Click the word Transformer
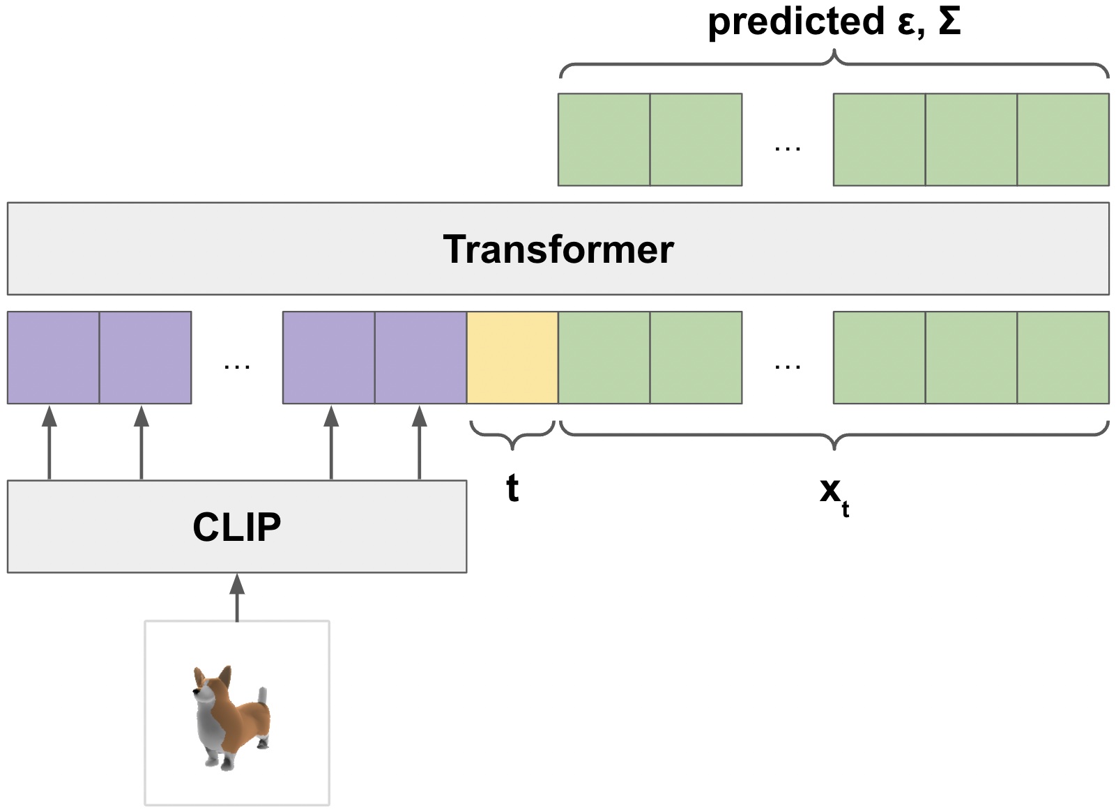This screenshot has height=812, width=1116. (558, 249)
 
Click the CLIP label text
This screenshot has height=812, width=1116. (236, 527)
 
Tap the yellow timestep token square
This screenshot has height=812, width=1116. (512, 358)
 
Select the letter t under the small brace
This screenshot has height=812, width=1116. (512, 488)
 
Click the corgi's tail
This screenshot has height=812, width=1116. (262, 696)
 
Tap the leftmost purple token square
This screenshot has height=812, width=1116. (54, 358)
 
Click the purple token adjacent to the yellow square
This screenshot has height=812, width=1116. (420, 358)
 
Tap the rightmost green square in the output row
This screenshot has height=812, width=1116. (1062, 139)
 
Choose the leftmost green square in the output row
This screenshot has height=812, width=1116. (604, 139)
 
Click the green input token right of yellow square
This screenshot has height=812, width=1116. (604, 358)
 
